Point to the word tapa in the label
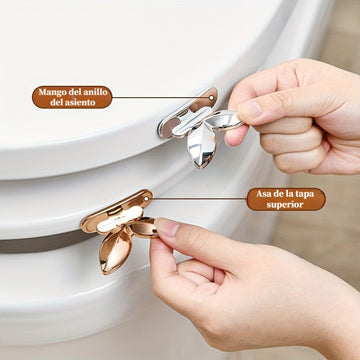[305, 194]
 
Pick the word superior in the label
[286, 205]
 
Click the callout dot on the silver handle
[211, 98]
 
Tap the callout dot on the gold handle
[146, 199]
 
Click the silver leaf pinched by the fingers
[224, 120]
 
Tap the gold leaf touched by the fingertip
[144, 228]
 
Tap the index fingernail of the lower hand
[167, 227]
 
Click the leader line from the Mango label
[161, 97]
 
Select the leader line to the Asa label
[197, 199]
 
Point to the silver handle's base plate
[187, 113]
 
